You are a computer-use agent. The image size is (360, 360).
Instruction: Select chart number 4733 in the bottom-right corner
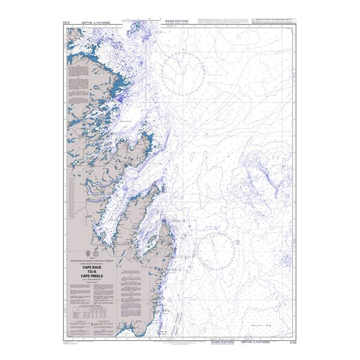click(293, 343)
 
